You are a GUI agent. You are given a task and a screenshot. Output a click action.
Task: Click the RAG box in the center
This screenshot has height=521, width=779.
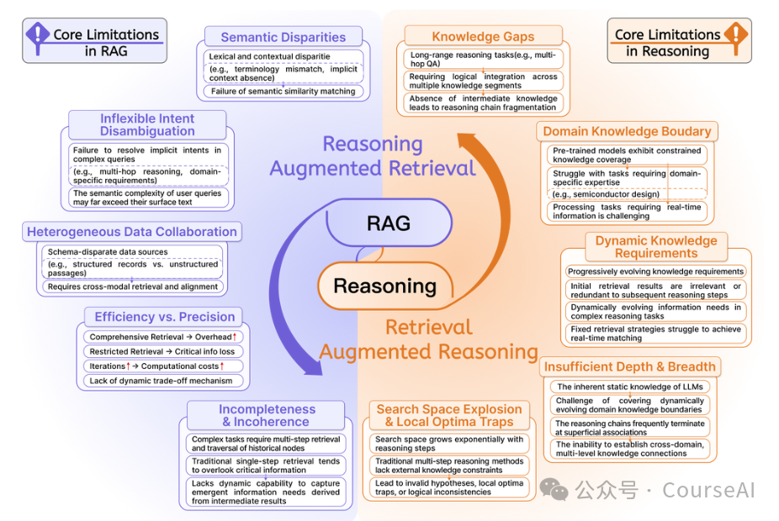pyautogui.click(x=389, y=223)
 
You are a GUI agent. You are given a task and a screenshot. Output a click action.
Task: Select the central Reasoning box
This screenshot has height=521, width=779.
pyautogui.click(x=384, y=286)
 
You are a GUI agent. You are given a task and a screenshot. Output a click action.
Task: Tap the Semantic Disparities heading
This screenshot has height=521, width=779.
pyautogui.click(x=283, y=37)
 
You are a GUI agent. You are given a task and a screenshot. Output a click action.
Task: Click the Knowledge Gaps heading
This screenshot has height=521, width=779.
pyautogui.click(x=483, y=36)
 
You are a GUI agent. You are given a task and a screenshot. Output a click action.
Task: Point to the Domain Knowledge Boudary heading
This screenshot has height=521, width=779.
pyautogui.click(x=627, y=131)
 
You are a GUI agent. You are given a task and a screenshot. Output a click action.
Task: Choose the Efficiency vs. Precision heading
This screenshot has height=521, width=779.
pyautogui.click(x=164, y=317)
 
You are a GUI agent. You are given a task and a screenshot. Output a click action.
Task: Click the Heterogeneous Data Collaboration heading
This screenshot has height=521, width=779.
pyautogui.click(x=132, y=231)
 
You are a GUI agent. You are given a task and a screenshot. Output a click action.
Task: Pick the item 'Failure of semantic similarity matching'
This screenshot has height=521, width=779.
pyautogui.click(x=283, y=91)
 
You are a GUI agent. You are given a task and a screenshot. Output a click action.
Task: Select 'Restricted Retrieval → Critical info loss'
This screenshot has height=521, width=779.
pyautogui.click(x=162, y=351)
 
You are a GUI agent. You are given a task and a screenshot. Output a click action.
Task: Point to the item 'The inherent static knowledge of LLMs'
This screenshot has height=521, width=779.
pyautogui.click(x=633, y=387)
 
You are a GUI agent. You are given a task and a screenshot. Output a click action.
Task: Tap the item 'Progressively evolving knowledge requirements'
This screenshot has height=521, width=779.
pyautogui.click(x=655, y=271)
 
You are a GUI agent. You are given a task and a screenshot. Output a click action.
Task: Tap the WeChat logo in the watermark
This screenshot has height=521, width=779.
pyautogui.click(x=554, y=487)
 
